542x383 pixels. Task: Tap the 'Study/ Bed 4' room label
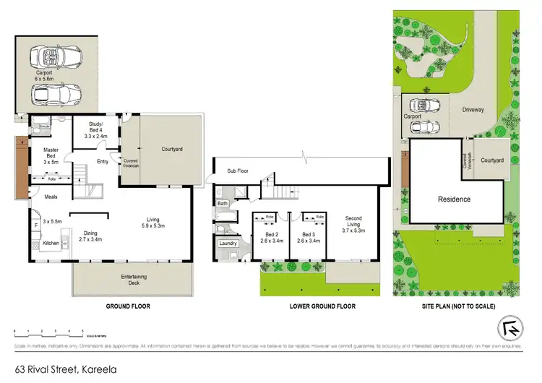pos(95,131)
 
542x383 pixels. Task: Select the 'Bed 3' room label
pos(309,238)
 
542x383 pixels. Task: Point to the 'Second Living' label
pos(353,223)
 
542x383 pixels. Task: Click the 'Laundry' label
pos(228,244)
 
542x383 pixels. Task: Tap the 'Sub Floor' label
pos(238,172)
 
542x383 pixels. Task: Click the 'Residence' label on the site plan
pos(453,199)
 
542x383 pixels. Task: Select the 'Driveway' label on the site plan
pos(476,110)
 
